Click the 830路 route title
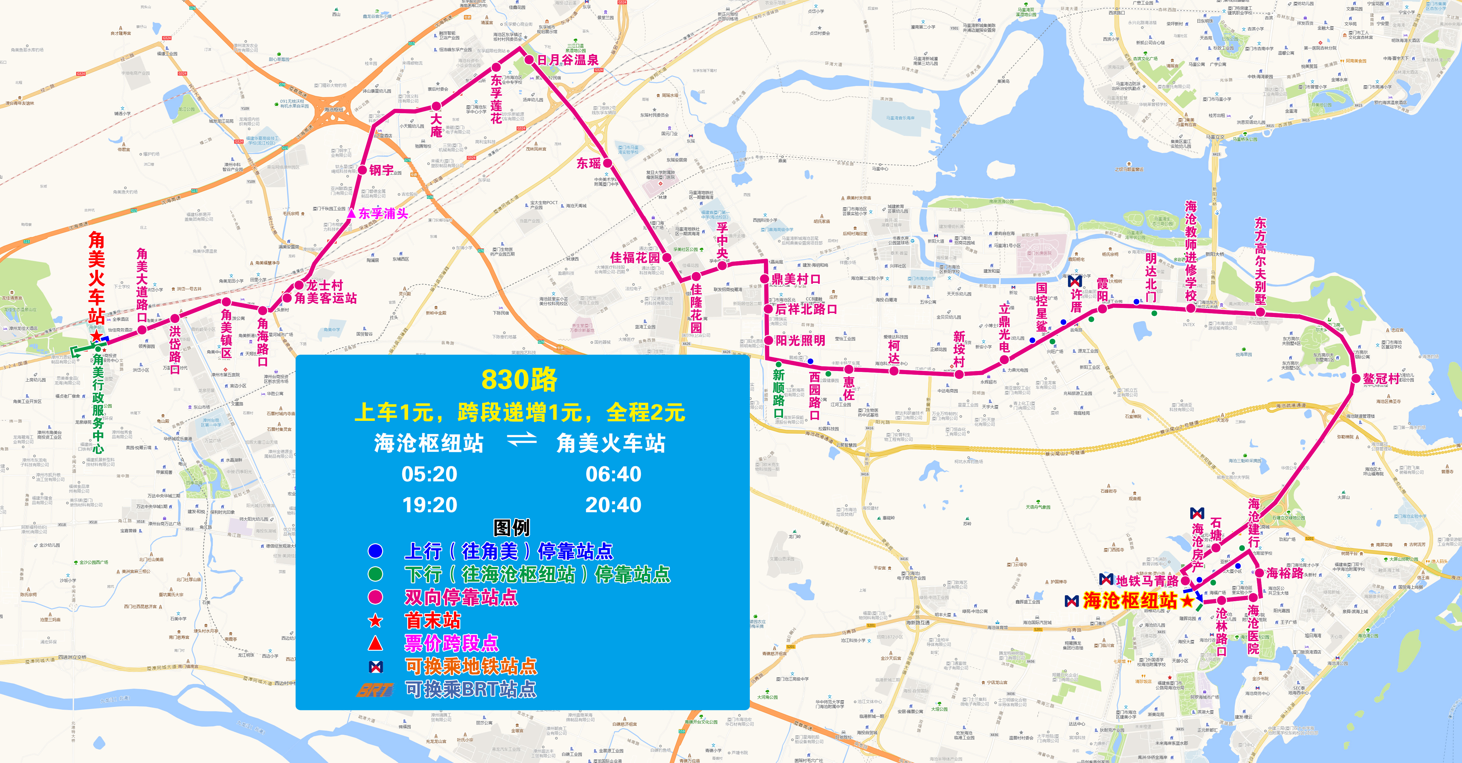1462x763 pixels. click(x=519, y=380)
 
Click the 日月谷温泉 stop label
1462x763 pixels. click(x=568, y=60)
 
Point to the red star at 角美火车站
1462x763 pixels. click(x=97, y=336)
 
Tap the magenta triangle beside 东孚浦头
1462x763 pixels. click(x=351, y=214)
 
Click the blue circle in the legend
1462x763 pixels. click(x=375, y=551)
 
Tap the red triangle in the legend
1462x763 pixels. click(x=375, y=643)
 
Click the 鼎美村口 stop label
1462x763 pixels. click(x=796, y=279)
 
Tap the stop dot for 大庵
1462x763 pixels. click(x=436, y=106)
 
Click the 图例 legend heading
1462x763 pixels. click(x=511, y=527)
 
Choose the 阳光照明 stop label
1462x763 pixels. click(x=800, y=341)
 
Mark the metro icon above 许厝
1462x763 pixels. click(x=1074, y=280)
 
